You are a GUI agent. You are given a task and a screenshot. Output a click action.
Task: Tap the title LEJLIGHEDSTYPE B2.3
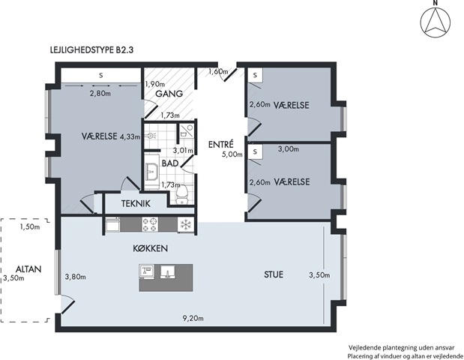(x=92, y=50)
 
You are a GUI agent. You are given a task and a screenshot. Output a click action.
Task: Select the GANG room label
(x=169, y=94)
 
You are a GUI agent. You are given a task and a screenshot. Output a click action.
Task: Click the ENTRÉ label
(x=220, y=144)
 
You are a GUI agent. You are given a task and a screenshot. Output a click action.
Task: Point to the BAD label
(x=170, y=163)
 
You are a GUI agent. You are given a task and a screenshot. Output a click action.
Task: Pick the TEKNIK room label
(x=136, y=204)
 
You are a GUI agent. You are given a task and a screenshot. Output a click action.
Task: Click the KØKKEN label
(x=151, y=248)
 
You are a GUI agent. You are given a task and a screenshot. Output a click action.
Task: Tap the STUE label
(x=274, y=274)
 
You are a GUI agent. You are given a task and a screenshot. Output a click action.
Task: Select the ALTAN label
(x=28, y=269)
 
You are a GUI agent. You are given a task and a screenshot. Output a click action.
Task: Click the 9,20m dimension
(x=193, y=319)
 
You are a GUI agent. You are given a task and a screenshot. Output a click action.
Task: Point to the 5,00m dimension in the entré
(x=232, y=154)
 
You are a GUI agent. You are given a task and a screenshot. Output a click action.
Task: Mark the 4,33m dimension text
(x=130, y=136)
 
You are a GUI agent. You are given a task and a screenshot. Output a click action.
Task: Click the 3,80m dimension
(x=76, y=277)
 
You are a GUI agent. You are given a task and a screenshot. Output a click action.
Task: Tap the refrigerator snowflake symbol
(x=186, y=224)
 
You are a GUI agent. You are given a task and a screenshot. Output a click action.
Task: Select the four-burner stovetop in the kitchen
(x=150, y=224)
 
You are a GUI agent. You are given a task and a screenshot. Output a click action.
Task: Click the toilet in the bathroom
(x=182, y=194)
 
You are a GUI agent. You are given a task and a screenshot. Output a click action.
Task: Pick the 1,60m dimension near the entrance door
(x=218, y=71)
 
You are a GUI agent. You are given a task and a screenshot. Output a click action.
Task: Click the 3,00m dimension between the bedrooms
(x=289, y=149)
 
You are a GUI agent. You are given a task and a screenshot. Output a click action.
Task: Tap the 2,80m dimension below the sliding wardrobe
(x=100, y=94)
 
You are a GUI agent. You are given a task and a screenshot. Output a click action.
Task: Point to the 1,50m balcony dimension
(x=30, y=227)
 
